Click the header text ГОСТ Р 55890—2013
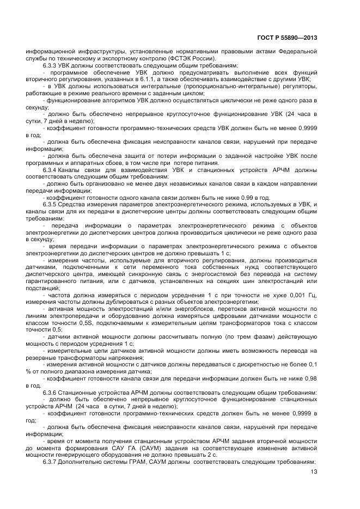288,38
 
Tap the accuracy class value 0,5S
79,322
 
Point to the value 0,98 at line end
310,378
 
